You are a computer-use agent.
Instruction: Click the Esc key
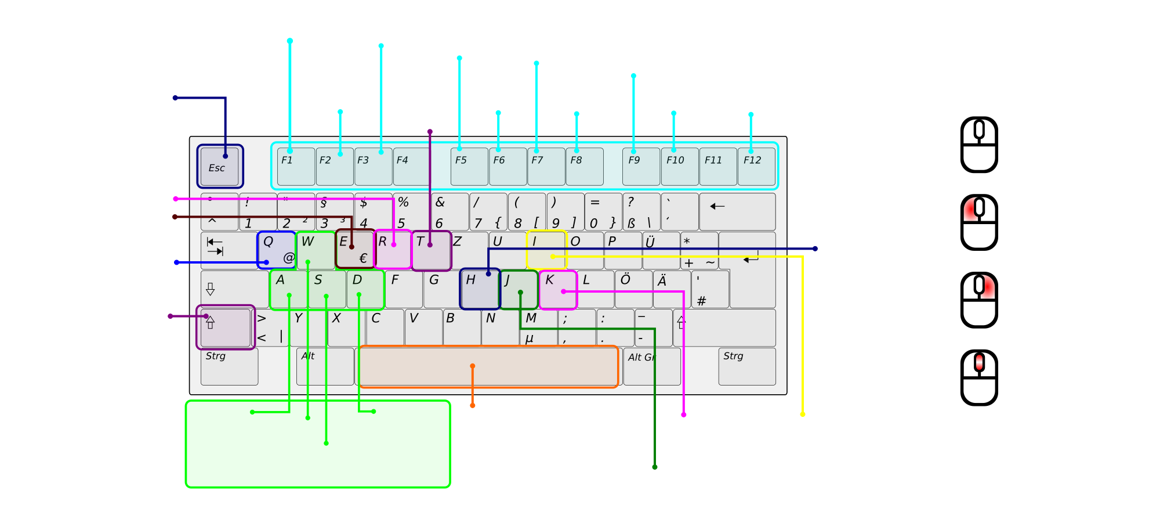click(220, 167)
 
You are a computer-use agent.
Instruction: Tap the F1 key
click(296, 167)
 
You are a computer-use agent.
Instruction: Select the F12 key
click(756, 167)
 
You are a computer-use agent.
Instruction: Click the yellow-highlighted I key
click(546, 250)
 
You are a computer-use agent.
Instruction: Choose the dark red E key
click(355, 249)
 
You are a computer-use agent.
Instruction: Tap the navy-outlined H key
click(480, 289)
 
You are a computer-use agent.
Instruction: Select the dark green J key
click(519, 289)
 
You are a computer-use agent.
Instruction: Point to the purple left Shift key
click(226, 327)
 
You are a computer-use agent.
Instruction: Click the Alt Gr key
click(652, 366)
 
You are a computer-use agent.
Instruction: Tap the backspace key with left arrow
click(737, 211)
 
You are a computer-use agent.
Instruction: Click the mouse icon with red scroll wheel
click(979, 377)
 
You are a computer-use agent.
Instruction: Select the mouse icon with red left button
click(979, 222)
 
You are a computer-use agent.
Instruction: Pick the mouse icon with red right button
click(979, 300)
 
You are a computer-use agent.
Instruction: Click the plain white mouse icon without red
click(979, 145)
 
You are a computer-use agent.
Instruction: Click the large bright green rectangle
click(318, 444)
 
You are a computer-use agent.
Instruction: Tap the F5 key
click(469, 167)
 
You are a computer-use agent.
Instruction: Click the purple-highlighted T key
click(432, 250)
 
